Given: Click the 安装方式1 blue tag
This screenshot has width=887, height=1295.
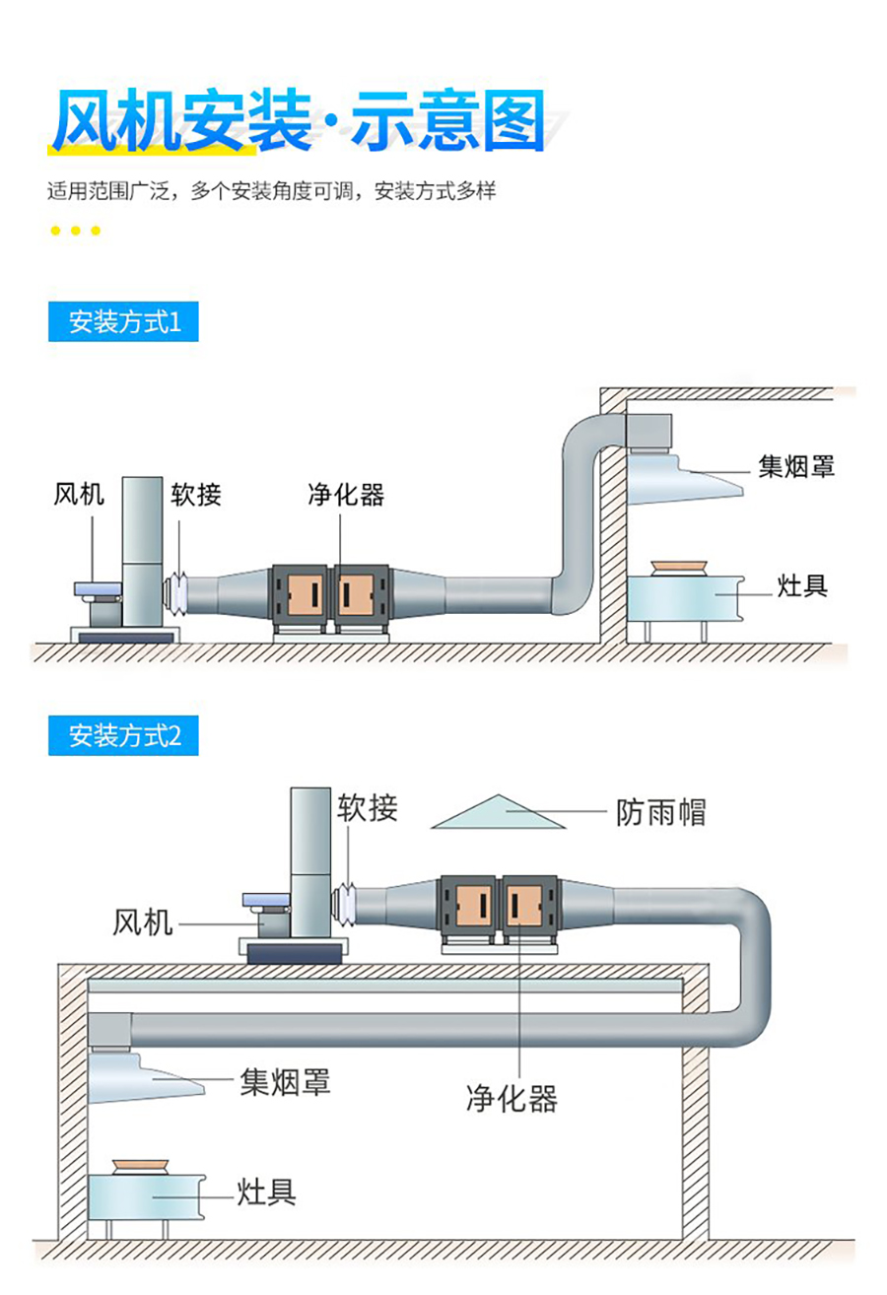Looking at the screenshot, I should pos(123,322).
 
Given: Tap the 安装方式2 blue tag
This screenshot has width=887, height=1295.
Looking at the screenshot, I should pos(123,736).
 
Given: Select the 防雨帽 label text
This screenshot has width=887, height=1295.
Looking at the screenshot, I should pos(660,812).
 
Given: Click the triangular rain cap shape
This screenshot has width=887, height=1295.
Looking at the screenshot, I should pos(499,814).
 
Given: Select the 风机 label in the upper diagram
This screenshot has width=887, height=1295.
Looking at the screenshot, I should pos(79,494).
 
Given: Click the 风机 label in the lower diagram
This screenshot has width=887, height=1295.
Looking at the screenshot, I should pos(143,922).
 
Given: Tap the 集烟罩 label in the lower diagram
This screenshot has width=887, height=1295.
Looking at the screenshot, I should pos(285,1082).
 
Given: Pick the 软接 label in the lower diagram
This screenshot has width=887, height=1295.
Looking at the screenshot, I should pos(368,808).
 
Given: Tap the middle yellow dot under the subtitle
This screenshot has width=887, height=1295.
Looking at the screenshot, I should pos(76,231).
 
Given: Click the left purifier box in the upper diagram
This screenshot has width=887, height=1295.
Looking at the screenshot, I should pos(299,596).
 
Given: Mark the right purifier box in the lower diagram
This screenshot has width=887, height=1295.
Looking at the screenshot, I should pos(531,906).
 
